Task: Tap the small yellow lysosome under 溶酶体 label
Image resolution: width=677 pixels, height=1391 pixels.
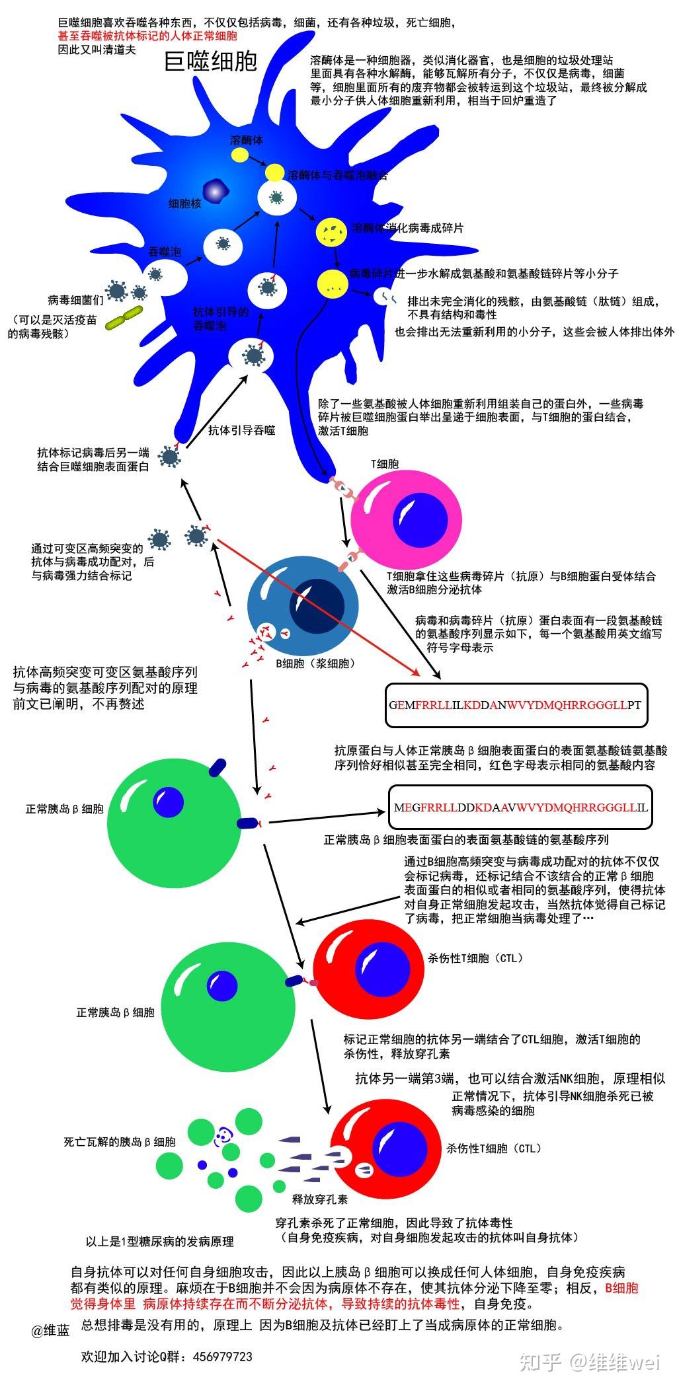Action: pos(240,155)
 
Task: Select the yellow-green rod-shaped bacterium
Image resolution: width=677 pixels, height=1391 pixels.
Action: pos(124,317)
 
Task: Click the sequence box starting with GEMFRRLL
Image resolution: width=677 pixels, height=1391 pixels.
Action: pos(516,705)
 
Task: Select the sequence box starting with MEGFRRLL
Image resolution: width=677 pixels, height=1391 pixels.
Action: pos(520,808)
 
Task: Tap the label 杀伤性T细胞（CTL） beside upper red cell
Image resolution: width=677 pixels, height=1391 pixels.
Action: pos(474,958)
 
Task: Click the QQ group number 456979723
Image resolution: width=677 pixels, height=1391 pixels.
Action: pos(223,1357)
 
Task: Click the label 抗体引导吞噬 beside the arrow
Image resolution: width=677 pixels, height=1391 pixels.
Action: pos(242,431)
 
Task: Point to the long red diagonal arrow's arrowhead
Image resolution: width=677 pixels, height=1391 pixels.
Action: pos(417,673)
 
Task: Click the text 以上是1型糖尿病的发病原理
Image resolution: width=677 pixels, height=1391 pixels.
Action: pos(160,1242)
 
